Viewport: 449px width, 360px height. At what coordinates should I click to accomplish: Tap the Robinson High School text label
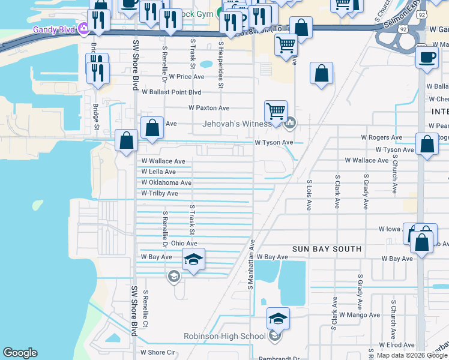(x=224, y=336)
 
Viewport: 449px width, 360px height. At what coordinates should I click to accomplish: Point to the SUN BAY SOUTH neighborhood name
(x=327, y=248)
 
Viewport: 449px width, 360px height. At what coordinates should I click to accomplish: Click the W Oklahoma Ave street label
(x=166, y=182)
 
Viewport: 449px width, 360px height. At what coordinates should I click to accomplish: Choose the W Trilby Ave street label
(x=160, y=193)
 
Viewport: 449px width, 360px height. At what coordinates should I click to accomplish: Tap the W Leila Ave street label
(x=158, y=172)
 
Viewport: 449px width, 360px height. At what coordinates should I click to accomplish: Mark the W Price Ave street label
(x=186, y=77)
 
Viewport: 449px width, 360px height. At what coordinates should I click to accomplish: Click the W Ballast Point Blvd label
(x=171, y=92)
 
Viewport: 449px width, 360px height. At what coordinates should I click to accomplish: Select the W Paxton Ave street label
(x=209, y=108)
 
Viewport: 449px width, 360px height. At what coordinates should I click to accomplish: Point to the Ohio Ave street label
(x=184, y=243)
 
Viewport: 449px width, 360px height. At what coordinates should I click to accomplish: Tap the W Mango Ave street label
(x=359, y=314)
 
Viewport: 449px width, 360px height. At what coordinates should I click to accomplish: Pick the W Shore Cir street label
(x=157, y=352)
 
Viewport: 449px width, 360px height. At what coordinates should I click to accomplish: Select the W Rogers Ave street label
(x=381, y=137)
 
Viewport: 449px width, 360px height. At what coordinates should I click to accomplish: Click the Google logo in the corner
(x=20, y=352)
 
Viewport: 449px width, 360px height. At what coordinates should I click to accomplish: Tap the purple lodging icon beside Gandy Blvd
(x=83, y=28)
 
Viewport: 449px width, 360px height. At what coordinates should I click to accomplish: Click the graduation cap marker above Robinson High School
(x=278, y=319)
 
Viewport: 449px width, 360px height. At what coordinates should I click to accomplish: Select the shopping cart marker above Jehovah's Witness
(x=276, y=110)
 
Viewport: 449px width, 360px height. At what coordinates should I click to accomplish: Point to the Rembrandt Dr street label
(x=279, y=359)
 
